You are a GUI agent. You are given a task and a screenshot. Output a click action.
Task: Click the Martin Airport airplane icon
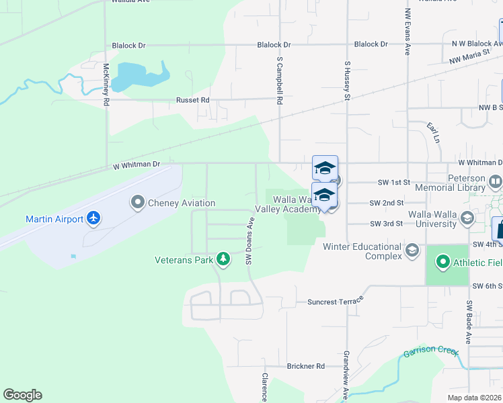coord(93,218)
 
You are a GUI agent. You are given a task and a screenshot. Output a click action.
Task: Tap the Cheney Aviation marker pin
coord(138,202)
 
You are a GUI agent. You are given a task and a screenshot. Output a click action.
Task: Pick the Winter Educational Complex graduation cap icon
coord(412,251)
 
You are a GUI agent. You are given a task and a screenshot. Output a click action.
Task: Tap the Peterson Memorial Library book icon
coord(496,181)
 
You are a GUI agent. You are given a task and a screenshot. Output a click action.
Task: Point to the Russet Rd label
coord(193,100)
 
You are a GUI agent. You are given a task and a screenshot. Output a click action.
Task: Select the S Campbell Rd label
coord(279,80)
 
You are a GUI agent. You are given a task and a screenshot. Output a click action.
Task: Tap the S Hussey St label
coord(348,80)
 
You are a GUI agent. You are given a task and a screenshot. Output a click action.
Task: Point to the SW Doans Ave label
coord(249,240)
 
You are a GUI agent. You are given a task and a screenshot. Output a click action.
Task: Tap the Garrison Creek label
coord(430,353)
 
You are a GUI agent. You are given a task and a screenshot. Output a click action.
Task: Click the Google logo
coord(22,395)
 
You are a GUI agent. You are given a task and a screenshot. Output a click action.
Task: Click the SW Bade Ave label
coord(469,330)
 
